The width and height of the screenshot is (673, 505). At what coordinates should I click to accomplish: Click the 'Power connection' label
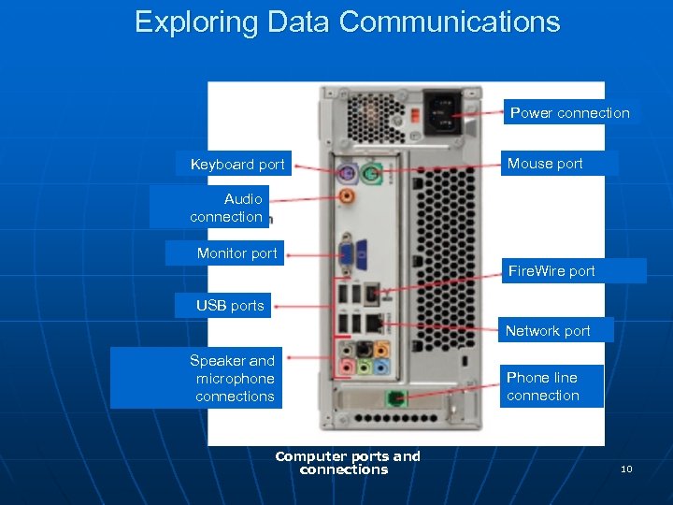pos(569,113)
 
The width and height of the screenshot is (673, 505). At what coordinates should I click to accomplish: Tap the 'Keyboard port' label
pos(237,165)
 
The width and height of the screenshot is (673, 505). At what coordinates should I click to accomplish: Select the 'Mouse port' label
pos(545,164)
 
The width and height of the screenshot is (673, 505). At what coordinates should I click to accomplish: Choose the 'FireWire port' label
pos(551,271)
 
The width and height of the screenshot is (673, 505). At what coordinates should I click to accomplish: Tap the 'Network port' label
pos(548,330)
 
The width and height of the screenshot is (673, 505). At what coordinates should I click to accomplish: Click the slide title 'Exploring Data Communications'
pos(348,22)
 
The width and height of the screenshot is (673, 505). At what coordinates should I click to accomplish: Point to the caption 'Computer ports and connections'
pos(347,463)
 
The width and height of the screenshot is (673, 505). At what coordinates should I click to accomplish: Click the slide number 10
pos(626,469)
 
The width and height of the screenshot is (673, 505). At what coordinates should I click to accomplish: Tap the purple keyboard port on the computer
pos(345,172)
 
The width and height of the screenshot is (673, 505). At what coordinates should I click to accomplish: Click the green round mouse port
pos(370,172)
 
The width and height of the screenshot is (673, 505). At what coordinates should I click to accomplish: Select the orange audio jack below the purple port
pos(346,196)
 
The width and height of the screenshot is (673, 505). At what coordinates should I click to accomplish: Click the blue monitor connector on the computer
pos(346,252)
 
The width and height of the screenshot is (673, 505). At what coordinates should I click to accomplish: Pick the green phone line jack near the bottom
pos(396,398)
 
